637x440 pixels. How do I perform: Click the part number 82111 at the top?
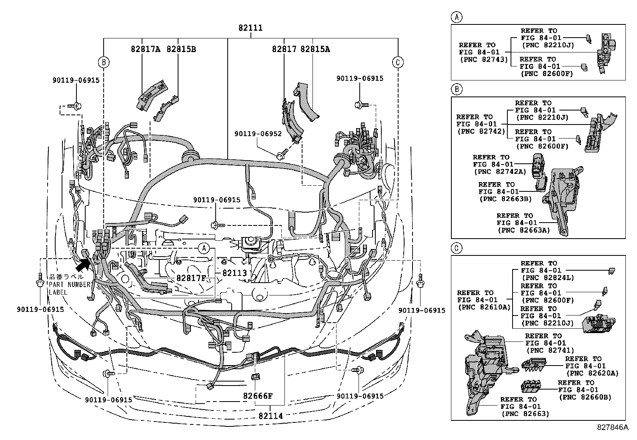point(250,28)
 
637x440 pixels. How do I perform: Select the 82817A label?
point(146,49)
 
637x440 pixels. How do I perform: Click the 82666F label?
point(258,396)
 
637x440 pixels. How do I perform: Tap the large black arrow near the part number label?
point(83,264)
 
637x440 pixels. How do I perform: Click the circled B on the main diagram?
point(104,62)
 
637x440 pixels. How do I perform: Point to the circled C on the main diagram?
point(398,62)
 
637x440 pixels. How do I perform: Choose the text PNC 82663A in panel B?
point(523,230)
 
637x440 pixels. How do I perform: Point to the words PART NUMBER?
point(70,284)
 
